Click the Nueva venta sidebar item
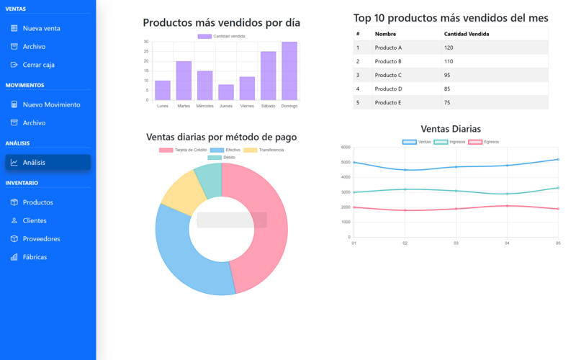click(41, 29)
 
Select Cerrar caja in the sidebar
click(38, 65)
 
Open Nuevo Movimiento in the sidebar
click(51, 104)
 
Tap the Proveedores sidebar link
click(41, 239)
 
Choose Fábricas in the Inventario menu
click(35, 257)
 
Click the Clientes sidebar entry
click(35, 221)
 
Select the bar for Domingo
click(289, 71)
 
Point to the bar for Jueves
click(226, 92)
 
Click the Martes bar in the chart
click(184, 81)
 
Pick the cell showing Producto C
click(388, 75)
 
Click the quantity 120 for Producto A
click(449, 48)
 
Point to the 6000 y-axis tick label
click(346, 147)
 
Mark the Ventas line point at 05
click(558, 159)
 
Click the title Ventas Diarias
click(451, 129)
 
